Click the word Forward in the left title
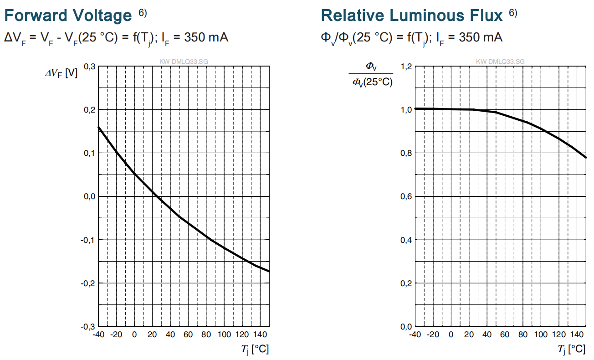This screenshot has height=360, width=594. pos(36,15)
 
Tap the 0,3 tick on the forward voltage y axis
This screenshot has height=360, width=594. pos(90,67)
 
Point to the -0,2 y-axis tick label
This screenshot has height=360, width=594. pos(88,283)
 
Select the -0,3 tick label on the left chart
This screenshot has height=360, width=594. pos(88,327)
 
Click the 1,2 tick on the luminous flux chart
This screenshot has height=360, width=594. pos(406,67)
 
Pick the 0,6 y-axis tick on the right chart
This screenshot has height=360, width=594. pos(406,196)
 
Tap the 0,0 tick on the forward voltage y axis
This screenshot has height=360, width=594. pos(90,196)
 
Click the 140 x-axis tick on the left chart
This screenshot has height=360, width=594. pos(260,335)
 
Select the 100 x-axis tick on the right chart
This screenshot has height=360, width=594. pos(541,335)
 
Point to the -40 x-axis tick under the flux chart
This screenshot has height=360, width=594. pos(415,335)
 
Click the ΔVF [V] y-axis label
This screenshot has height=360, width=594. pos(61,73)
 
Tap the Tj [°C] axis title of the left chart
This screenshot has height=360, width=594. pos(255,350)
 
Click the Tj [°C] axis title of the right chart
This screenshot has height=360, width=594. pos(572,350)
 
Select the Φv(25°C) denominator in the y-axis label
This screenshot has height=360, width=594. pos(373,82)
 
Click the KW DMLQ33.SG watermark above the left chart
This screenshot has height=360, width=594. pos(184,62)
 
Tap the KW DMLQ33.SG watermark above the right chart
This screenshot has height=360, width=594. pos(500,62)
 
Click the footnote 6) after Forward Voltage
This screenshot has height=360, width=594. pos(143,13)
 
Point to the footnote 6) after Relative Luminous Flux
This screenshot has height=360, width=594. pos(513,13)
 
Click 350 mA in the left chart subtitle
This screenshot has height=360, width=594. pos(206,37)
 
